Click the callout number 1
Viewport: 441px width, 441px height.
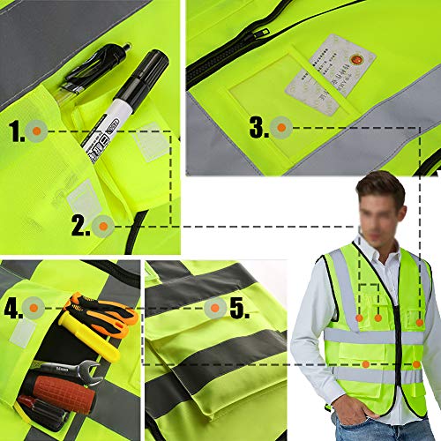[17, 132]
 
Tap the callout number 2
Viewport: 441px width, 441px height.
[80, 226]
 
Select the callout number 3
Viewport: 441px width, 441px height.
[258, 128]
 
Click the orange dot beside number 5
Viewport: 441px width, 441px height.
[213, 309]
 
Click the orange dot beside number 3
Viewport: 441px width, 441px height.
[281, 128]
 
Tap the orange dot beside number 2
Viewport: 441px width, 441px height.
[102, 226]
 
